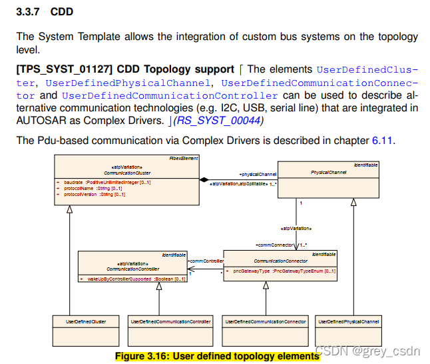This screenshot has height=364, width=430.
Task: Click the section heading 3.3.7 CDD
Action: [45, 12]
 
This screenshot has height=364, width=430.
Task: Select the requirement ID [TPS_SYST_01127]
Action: [60, 69]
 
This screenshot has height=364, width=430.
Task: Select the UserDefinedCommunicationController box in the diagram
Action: [170, 321]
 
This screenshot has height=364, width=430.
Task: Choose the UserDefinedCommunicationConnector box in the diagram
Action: [266, 321]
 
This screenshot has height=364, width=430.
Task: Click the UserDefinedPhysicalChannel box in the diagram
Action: [348, 321]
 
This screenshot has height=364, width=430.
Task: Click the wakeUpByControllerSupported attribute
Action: [133, 279]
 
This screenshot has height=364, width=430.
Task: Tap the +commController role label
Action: [206, 261]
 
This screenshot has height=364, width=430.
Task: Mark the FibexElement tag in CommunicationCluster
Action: [184, 158]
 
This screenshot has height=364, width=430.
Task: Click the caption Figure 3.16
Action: [217, 356]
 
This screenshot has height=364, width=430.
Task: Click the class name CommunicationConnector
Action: [280, 261]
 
